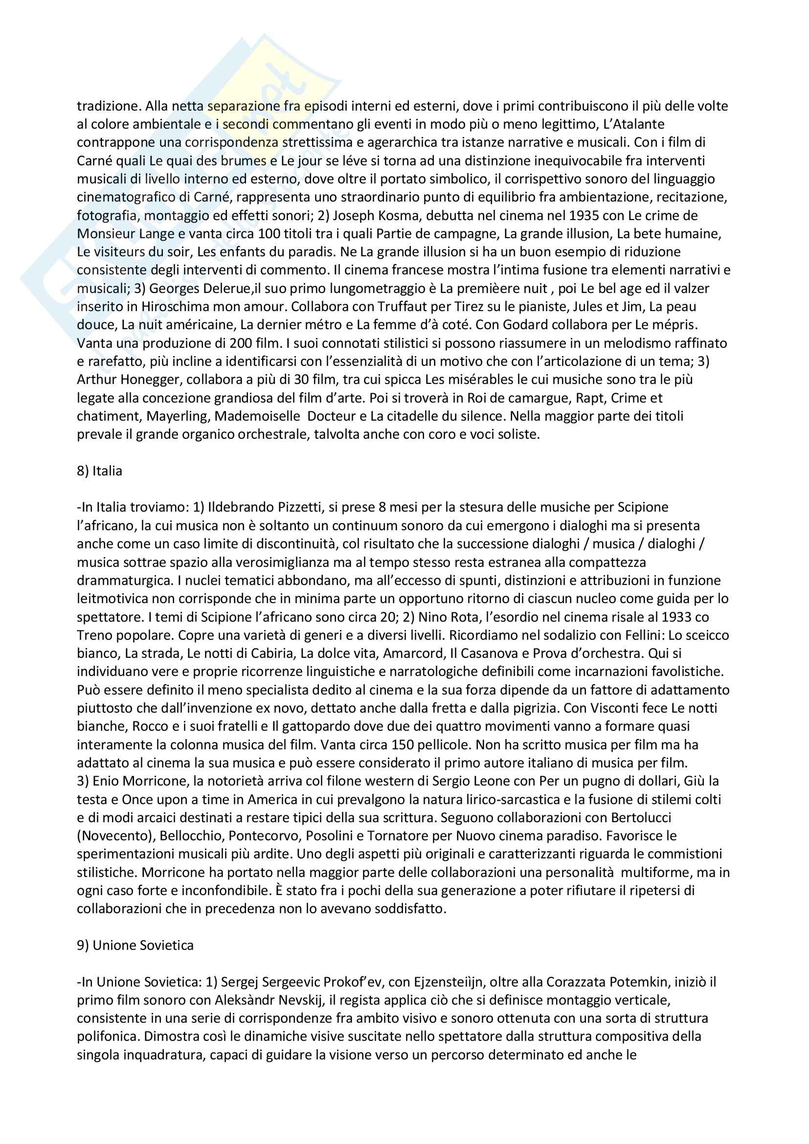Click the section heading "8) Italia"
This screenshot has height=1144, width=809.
99,471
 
